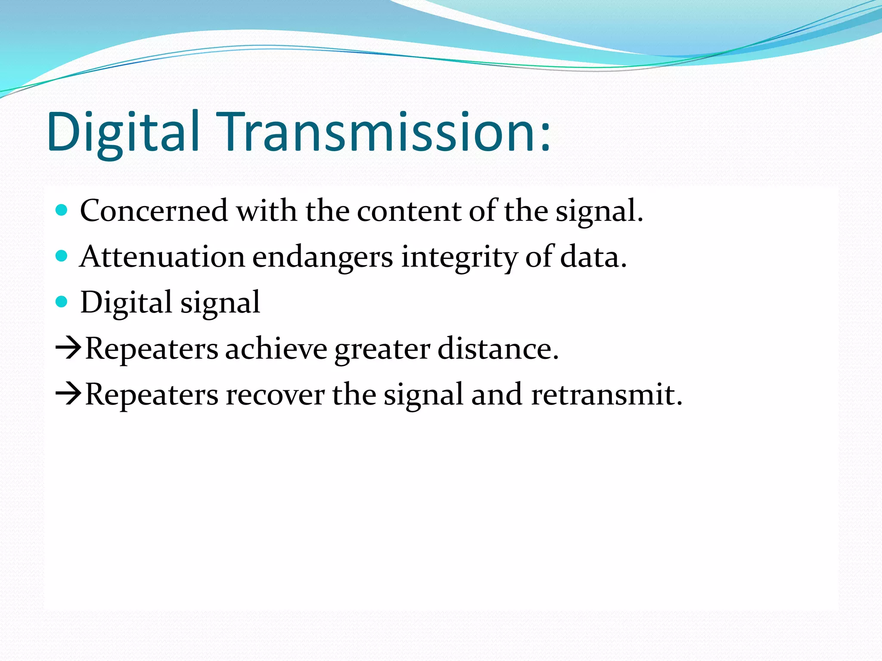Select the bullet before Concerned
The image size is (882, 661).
62,210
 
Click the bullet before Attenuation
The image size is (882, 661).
62,256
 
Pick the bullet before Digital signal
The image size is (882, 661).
62,302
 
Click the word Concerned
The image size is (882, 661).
154,211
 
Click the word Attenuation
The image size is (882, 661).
162,257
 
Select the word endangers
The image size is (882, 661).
322,257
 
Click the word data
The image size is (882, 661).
593,257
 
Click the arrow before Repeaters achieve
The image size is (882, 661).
68,349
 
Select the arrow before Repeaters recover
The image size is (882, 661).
68,394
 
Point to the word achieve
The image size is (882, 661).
276,349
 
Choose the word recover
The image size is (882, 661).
275,395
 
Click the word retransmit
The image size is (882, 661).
606,395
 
